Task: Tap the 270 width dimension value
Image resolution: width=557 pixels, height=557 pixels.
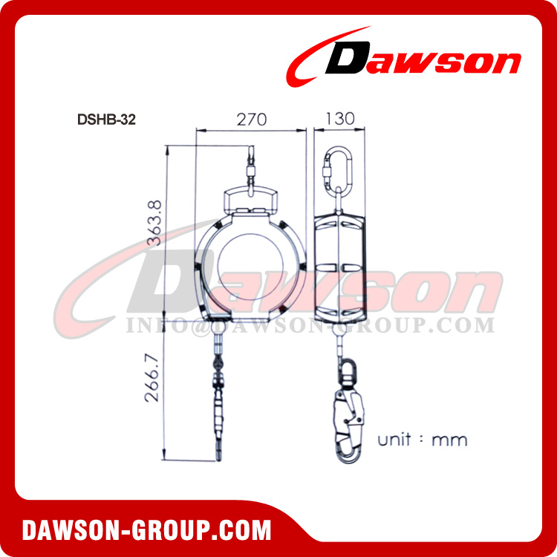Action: point(251,118)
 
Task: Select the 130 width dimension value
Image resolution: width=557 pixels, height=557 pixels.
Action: point(339,118)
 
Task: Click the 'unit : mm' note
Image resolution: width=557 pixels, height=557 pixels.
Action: point(423,439)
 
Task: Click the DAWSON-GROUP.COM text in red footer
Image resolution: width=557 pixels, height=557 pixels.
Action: point(146,530)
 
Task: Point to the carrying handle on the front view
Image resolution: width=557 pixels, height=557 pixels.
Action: point(251,201)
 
